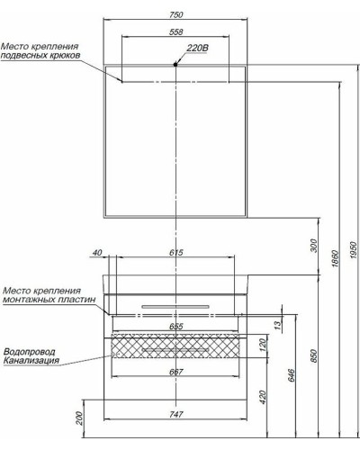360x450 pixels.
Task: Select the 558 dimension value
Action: click(176, 31)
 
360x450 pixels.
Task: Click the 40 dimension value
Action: click(98, 253)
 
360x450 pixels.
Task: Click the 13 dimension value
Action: click(278, 320)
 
